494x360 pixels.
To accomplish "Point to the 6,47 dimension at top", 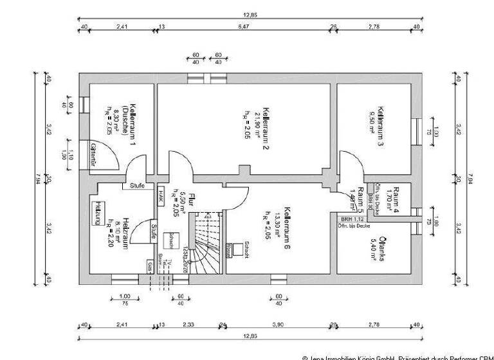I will pos(243,27).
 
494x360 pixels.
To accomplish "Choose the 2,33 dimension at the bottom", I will pos(188,325).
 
